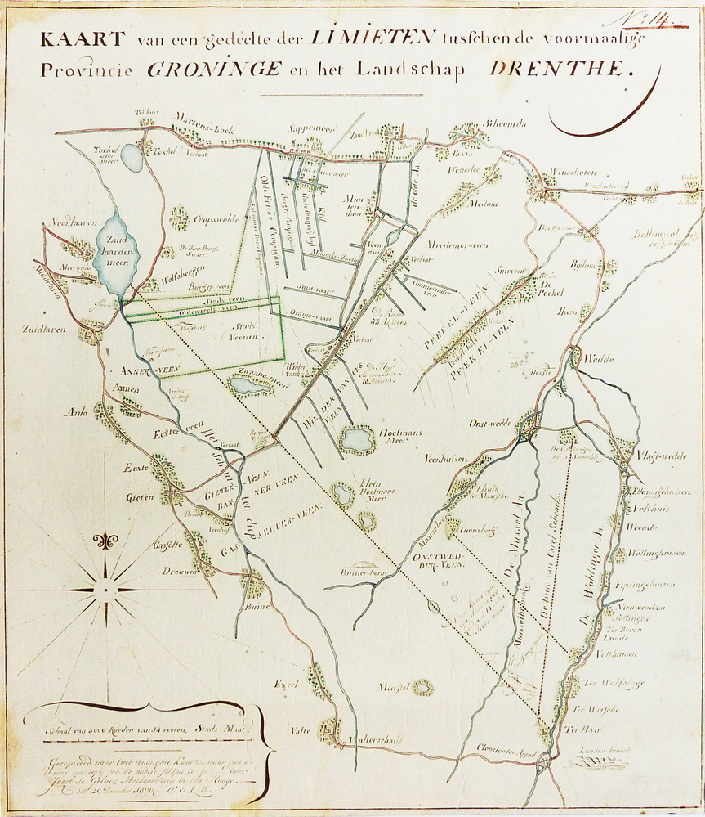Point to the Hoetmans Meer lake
358,439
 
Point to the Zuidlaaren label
40,330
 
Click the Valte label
301,730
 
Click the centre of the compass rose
105,589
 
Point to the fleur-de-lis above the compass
105,541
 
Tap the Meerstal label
393,688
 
